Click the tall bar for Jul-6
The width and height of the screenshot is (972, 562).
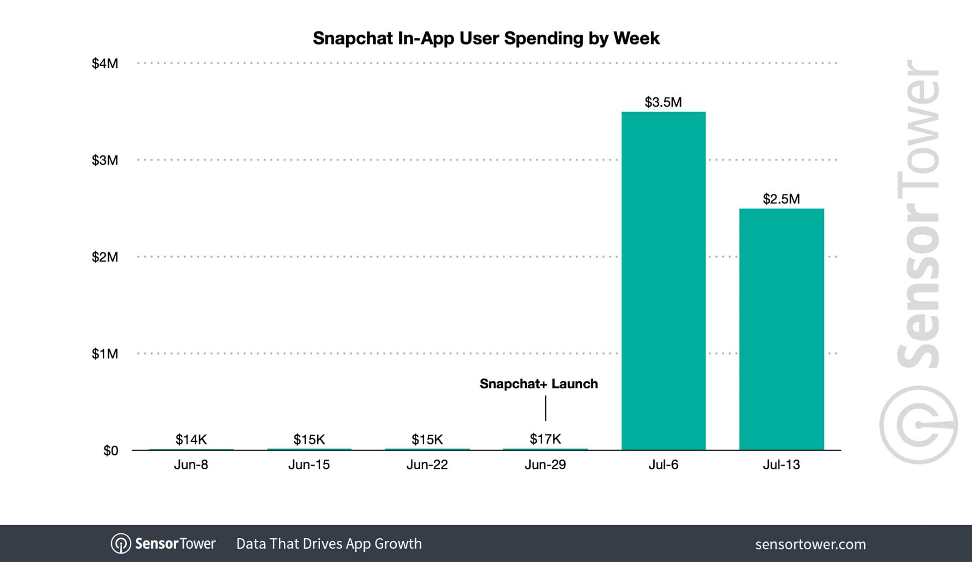(663, 281)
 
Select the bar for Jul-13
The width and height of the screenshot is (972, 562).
(781, 329)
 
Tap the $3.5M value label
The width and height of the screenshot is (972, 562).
(663, 102)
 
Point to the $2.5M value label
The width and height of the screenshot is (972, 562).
(781, 199)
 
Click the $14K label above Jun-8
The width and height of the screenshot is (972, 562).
(191, 439)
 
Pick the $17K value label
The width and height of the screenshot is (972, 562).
(545, 439)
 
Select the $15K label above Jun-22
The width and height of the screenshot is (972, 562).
(427, 439)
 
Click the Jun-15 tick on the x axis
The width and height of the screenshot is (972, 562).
(309, 465)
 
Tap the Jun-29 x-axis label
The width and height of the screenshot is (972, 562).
(545, 465)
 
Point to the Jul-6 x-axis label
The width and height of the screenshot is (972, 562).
(663, 465)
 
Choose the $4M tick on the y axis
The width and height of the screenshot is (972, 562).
(104, 63)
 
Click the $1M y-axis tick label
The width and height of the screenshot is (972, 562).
(104, 354)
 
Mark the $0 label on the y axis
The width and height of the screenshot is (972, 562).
(110, 451)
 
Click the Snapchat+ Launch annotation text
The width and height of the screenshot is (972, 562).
(539, 384)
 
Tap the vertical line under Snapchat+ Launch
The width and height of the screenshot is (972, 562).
(546, 408)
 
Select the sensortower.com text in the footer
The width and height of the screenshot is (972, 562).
(810, 544)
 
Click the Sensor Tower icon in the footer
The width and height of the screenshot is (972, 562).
(121, 544)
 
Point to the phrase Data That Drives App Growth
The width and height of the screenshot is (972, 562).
(329, 544)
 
